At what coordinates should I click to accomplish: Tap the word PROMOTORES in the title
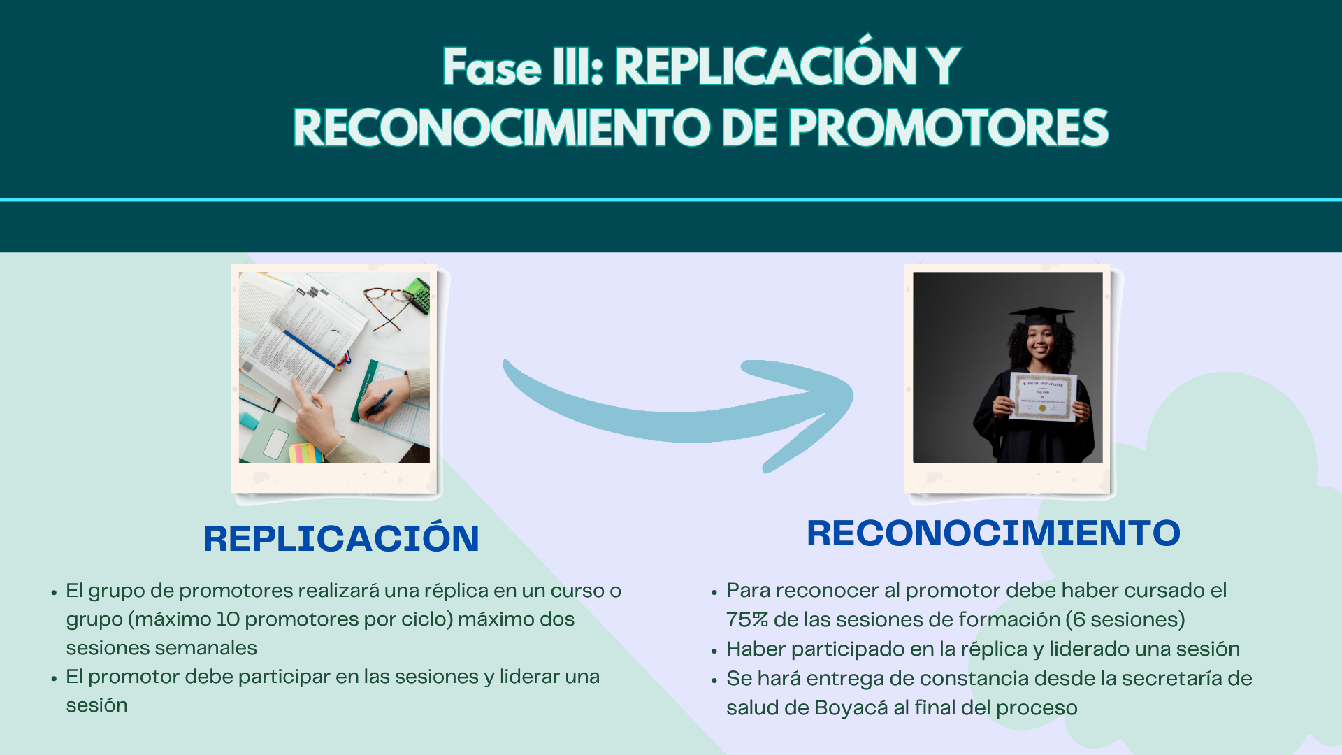949,128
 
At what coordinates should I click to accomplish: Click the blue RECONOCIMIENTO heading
993,533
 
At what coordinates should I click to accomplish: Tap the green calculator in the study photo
417,293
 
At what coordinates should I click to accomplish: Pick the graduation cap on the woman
1041,316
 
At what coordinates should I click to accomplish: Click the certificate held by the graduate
1043,396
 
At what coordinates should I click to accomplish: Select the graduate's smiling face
1039,340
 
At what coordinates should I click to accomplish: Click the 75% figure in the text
746,619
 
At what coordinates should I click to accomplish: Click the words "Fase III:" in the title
523,67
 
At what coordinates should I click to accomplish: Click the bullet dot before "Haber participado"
714,651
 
